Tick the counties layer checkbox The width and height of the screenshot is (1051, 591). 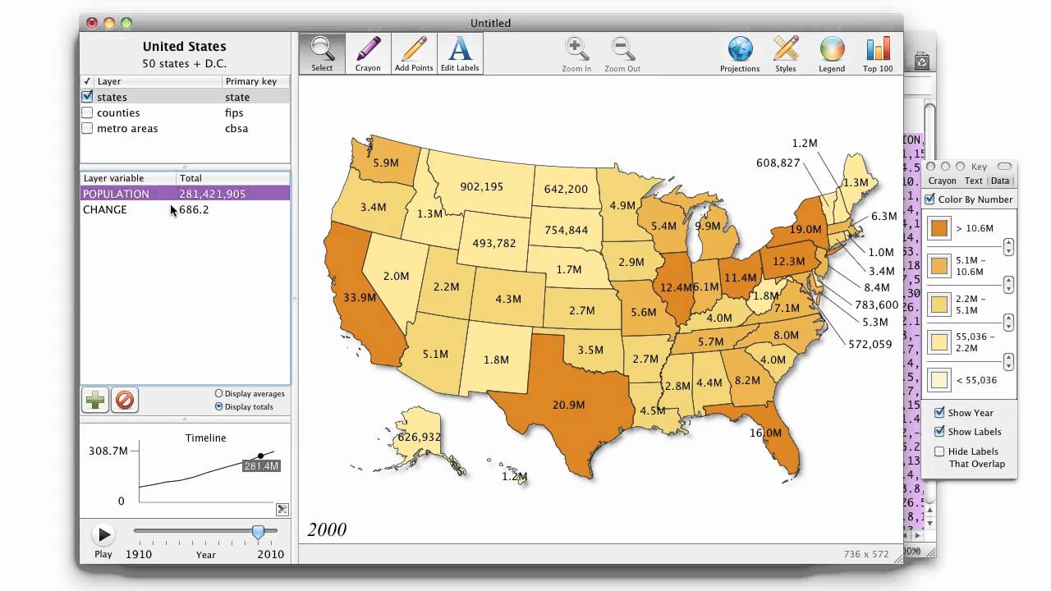(x=87, y=112)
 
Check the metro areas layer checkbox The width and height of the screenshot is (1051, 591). (x=87, y=128)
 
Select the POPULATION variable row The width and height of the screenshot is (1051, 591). (x=185, y=194)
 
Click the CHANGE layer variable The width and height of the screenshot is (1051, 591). (x=105, y=209)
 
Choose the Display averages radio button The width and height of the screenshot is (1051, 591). (x=218, y=394)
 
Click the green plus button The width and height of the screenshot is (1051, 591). (x=95, y=400)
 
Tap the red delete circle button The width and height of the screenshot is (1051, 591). (x=125, y=400)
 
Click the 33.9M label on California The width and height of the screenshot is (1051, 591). (x=360, y=297)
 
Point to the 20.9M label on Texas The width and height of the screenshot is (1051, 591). (x=568, y=405)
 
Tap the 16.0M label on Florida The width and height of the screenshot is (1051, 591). (x=765, y=433)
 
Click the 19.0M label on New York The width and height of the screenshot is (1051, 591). (x=805, y=230)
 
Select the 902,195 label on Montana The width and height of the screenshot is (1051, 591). (x=481, y=186)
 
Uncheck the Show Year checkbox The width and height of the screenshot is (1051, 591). (x=939, y=413)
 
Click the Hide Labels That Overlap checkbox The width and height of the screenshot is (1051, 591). (x=939, y=451)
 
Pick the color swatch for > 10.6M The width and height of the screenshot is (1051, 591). (x=939, y=228)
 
